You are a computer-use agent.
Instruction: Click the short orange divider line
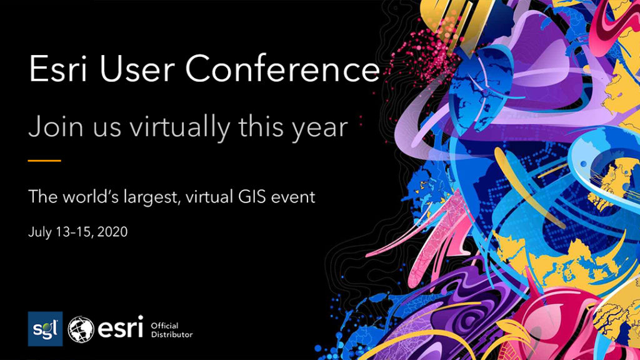44,161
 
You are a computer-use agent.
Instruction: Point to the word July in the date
39,232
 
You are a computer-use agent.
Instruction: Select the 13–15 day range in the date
73,232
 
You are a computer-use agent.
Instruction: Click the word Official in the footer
165,325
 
